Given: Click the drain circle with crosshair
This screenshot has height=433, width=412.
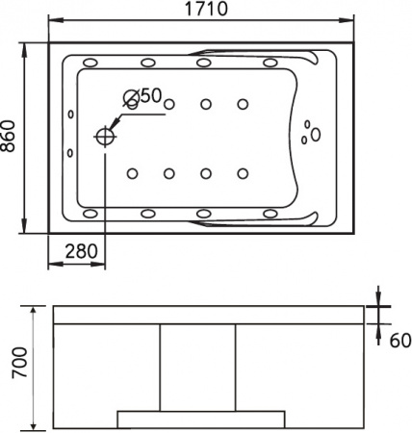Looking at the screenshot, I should (103, 137).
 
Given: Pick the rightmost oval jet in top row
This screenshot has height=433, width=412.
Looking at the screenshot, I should (271, 64).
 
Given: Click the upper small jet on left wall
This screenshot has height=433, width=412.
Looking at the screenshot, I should (71, 116).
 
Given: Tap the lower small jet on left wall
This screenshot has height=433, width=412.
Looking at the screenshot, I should (71, 153).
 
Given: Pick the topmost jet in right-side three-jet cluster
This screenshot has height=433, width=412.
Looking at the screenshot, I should (310, 123).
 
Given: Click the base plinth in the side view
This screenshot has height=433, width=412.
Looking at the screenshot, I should (200, 417).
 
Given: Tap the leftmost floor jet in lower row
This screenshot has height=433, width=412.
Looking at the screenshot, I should (131, 173).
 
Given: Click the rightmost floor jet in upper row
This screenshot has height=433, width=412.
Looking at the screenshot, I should (243, 104).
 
